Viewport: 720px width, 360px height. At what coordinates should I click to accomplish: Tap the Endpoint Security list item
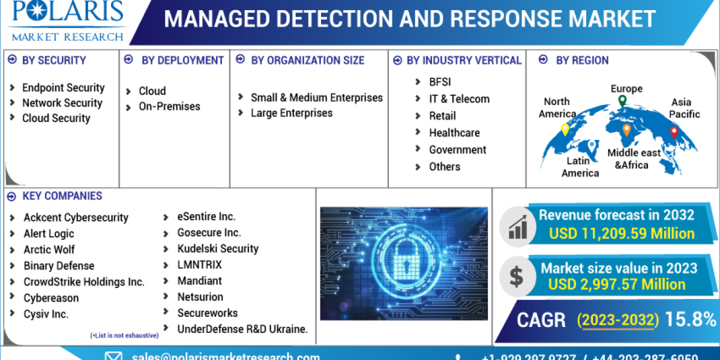pos(63,88)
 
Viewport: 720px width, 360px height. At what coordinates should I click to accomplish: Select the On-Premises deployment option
pos(169,106)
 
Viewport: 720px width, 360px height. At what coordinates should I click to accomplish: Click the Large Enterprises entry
pos(292,113)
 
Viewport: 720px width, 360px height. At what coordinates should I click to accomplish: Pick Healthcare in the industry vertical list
pos(454,133)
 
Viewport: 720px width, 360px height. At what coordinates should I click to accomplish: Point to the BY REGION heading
pos(582,60)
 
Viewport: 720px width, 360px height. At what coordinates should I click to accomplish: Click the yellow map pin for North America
pos(565,129)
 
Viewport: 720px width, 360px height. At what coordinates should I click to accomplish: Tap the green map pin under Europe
pos(622,101)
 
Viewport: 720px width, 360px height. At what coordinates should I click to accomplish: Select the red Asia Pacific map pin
pos(674,132)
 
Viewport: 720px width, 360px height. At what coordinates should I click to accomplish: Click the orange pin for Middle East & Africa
pos(626,130)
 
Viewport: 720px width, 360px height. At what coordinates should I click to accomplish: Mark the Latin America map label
pos(580,167)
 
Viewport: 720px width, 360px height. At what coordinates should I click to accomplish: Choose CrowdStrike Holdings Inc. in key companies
pos(84,281)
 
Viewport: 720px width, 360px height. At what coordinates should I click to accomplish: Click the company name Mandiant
pos(199,280)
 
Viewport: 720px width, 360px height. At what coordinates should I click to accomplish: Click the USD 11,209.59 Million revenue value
pos(622,233)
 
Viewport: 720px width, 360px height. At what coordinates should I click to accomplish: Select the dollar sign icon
pos(516,275)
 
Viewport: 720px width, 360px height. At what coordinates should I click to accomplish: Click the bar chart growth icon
pos(517,225)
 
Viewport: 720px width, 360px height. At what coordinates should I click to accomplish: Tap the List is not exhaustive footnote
pos(124,335)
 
